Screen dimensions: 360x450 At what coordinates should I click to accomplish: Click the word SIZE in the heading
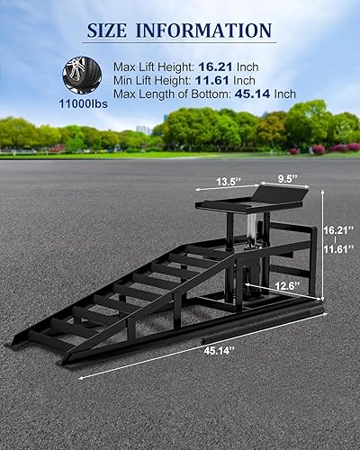click(107, 31)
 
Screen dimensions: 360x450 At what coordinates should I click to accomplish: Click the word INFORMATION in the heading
click(204, 31)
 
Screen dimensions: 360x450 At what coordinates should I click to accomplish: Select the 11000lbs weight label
click(83, 104)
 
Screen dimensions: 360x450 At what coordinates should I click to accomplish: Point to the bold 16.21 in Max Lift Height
click(215, 67)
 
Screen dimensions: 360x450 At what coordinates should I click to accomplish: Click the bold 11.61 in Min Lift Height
click(212, 80)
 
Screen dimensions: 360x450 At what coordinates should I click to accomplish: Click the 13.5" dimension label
click(229, 182)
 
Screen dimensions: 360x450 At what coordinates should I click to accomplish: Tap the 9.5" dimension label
click(288, 179)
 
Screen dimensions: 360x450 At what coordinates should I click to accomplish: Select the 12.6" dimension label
click(288, 285)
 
